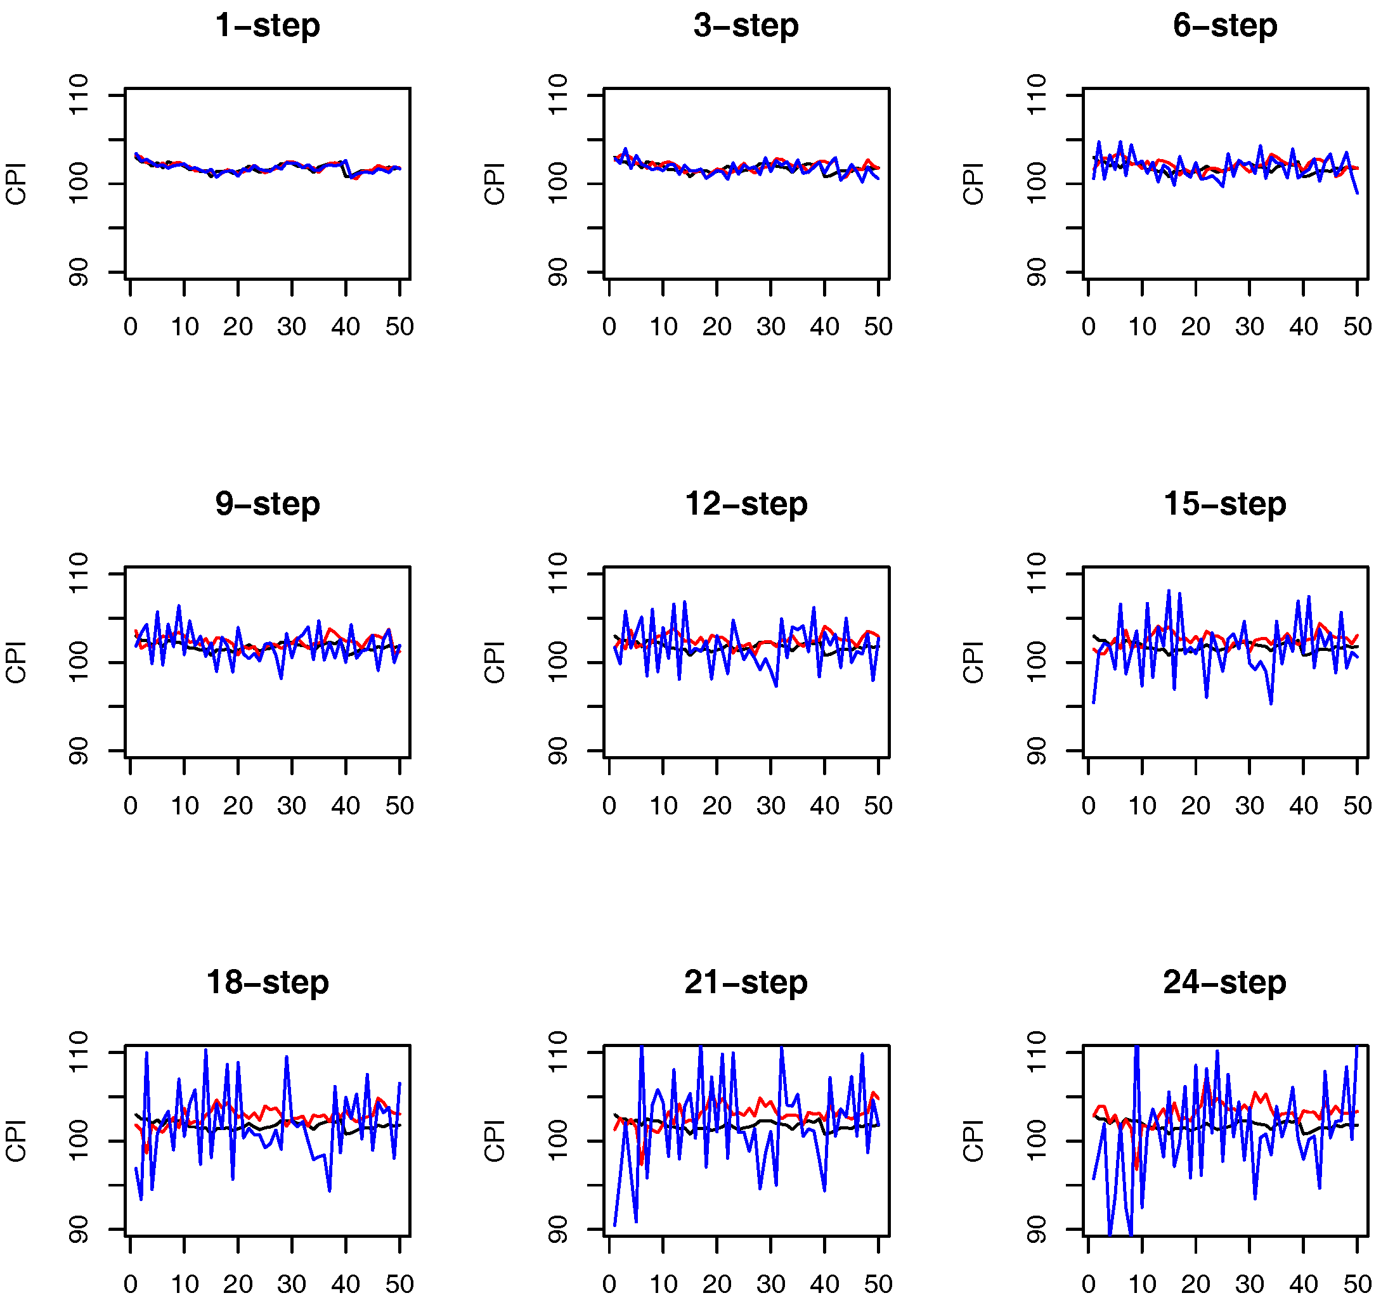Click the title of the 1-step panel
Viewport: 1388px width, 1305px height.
tap(268, 26)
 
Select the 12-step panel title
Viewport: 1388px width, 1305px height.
tap(746, 504)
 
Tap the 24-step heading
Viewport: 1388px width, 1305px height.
tap(1224, 982)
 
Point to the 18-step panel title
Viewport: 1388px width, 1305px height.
tap(268, 982)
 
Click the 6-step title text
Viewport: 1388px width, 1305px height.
tap(1224, 26)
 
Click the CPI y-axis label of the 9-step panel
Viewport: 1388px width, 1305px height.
tap(16, 662)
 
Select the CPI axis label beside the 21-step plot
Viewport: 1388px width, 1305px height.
tap(495, 1140)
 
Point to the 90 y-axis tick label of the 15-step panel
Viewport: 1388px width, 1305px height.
tap(1037, 751)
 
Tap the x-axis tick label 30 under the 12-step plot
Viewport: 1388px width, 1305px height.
tap(770, 806)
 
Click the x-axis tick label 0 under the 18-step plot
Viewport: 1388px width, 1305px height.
tap(131, 1284)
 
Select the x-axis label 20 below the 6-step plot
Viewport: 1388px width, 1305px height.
tap(1195, 326)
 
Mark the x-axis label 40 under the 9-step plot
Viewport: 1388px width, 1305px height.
tap(345, 806)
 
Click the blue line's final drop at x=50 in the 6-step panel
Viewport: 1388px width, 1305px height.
tap(1356, 193)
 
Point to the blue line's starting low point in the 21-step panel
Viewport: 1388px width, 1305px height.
tap(614, 1225)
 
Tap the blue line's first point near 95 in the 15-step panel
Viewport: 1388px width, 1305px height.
tap(1093, 702)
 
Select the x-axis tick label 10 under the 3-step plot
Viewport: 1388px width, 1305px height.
tap(663, 326)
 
